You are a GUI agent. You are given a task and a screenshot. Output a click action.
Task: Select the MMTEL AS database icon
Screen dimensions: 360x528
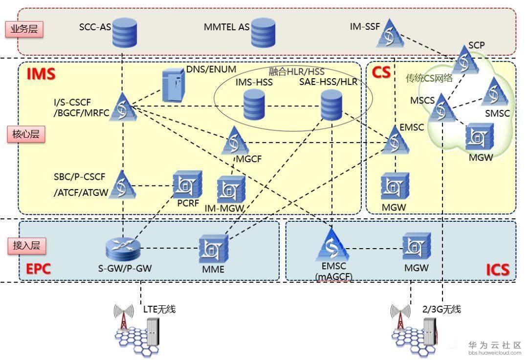point(263,32)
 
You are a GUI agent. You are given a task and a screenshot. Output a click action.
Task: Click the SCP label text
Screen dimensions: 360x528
point(476,45)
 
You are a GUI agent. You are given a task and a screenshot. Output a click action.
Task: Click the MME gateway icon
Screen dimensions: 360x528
point(214,247)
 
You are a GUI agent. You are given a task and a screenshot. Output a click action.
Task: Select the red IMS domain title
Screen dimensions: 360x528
point(41,74)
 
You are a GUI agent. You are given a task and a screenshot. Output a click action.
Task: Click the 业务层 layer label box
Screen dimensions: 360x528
point(24,29)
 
